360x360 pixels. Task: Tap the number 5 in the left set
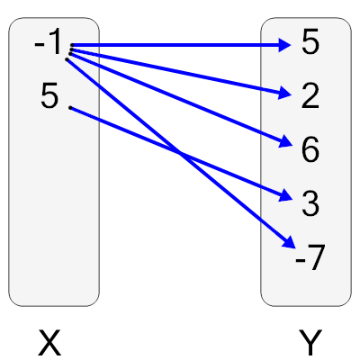(x=49, y=96)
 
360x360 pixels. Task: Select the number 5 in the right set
(x=310, y=44)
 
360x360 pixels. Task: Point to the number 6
(x=310, y=150)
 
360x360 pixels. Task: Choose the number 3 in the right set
(x=310, y=204)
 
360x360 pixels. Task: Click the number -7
(x=309, y=259)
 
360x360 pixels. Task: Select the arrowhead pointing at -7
(x=288, y=243)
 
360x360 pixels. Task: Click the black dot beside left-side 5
(x=70, y=108)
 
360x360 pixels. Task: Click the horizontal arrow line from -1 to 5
(x=180, y=45)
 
